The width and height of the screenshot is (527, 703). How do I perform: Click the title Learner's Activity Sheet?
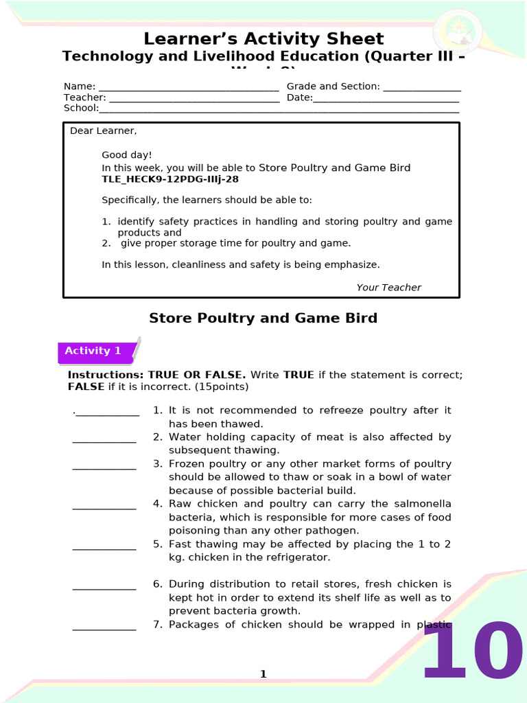point(263,38)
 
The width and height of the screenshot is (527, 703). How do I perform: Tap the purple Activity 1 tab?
point(93,351)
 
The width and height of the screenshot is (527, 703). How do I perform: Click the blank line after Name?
point(189,87)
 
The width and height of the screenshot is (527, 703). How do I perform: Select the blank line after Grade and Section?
point(421,87)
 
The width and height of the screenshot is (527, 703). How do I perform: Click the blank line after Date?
point(386,98)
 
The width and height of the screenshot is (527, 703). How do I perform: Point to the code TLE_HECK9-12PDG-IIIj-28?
point(170,179)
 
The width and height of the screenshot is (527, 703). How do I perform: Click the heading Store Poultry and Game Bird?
point(263,319)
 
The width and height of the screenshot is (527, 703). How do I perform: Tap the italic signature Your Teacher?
point(388,288)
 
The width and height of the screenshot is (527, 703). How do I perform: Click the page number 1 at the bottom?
point(263,674)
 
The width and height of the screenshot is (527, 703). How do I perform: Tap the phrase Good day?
point(127,155)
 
